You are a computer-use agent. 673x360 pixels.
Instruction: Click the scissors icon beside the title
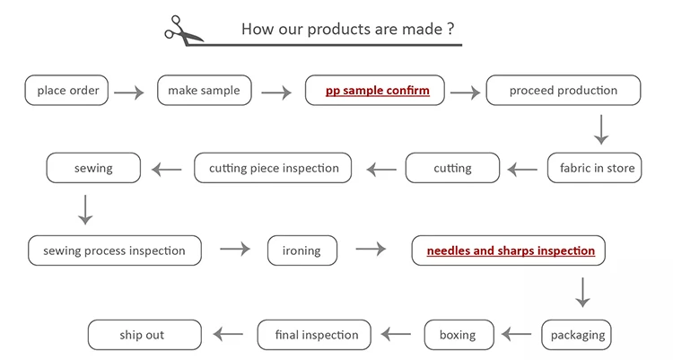pos(183,29)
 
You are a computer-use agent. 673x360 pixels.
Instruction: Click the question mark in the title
pos(450,29)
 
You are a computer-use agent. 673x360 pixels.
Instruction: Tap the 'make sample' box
pos(204,91)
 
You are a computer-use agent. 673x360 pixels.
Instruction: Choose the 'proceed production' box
pos(564,91)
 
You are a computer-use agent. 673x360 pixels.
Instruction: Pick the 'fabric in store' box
pos(596,168)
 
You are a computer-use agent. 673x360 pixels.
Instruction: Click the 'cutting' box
pos(452,168)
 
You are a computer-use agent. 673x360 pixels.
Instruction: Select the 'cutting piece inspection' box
pos(273,168)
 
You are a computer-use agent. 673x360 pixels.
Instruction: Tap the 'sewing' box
pos(92,168)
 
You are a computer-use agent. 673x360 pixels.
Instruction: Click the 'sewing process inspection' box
pos(114,250)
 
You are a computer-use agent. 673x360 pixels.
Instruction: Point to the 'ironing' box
pos(302,250)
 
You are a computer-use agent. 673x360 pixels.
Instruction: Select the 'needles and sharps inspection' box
pos(510,250)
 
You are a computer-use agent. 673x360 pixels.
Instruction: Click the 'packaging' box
pos(577,335)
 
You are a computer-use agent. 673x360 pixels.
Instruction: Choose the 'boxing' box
pos(458,335)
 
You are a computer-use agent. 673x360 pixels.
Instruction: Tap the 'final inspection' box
pos(318,335)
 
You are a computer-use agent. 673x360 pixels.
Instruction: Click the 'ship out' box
pos(142,335)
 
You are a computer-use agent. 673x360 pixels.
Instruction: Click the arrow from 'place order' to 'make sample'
pos(129,92)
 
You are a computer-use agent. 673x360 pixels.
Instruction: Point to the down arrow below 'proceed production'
pos(600,131)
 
